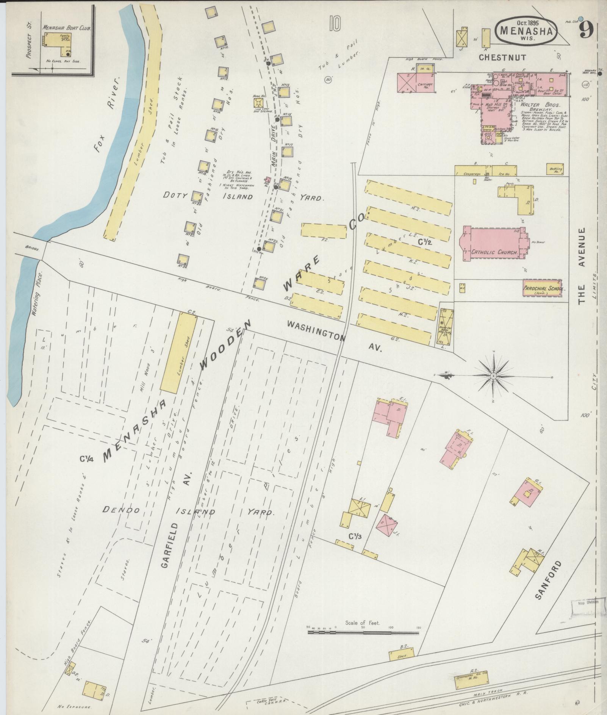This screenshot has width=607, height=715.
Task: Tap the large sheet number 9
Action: [x=586, y=31]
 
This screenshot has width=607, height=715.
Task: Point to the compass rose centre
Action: [x=493, y=375]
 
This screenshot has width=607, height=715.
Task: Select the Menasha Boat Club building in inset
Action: [x=61, y=42]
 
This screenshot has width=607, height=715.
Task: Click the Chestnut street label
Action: [x=502, y=58]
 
